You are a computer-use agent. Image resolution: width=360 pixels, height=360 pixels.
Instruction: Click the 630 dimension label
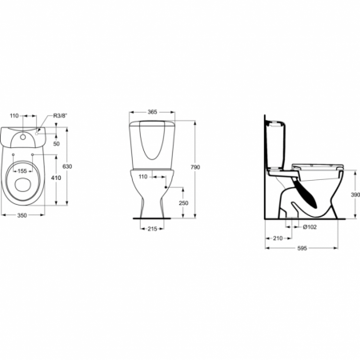[x=67, y=166]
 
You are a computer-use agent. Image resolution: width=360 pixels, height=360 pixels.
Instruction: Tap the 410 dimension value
[x=56, y=178]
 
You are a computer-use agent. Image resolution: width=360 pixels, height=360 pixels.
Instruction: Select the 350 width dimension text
[x=22, y=215]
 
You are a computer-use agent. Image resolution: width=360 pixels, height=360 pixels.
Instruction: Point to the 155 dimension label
[x=22, y=171]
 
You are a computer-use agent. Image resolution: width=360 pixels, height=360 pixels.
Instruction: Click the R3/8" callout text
[x=61, y=115]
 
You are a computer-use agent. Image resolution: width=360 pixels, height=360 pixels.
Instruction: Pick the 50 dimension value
[x=56, y=144]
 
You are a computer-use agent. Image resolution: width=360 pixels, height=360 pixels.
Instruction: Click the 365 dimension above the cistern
[x=152, y=112]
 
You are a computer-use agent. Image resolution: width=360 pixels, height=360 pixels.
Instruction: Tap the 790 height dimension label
[x=195, y=167]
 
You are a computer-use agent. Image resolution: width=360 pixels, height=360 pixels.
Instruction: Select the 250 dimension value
[x=183, y=203]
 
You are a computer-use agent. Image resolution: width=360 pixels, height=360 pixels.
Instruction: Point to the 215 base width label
[x=152, y=229]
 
